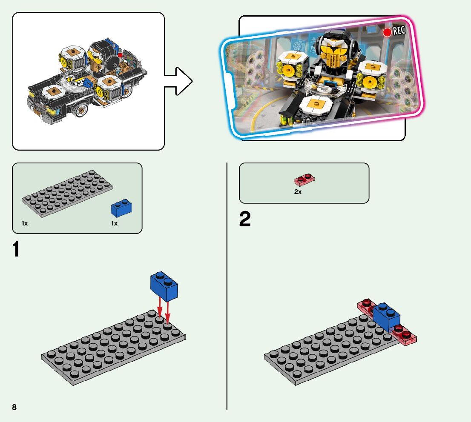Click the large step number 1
pyautogui.click(x=16, y=250)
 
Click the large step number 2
pyautogui.click(x=245, y=220)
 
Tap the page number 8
pyautogui.click(x=14, y=407)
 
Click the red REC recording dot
pyautogui.click(x=387, y=33)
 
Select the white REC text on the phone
pyautogui.click(x=399, y=31)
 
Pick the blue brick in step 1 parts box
pyautogui.click(x=121, y=208)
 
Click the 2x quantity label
pyautogui.click(x=298, y=192)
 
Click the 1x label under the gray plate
pyautogui.click(x=25, y=223)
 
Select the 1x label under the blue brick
pyautogui.click(x=114, y=223)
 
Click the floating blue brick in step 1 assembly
pyautogui.click(x=164, y=285)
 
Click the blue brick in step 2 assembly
pyautogui.click(x=387, y=317)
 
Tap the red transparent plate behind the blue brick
pyautogui.click(x=365, y=307)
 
